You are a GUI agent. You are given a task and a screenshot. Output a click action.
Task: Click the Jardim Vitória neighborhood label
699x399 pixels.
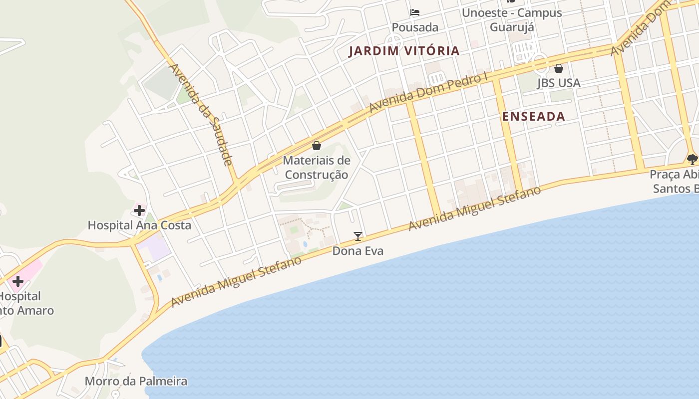click(404, 50)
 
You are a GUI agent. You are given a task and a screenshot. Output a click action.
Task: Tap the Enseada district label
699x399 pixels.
click(533, 116)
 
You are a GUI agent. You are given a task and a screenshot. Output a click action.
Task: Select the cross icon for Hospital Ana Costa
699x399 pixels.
click(139, 210)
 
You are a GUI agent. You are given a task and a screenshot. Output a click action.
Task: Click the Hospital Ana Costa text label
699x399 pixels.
click(139, 225)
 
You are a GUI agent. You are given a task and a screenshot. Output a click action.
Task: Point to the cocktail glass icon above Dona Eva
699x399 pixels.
click(357, 236)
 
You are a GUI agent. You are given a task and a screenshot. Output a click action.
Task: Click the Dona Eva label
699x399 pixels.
click(357, 250)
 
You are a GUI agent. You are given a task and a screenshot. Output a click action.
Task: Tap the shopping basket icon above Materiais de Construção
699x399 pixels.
click(316, 146)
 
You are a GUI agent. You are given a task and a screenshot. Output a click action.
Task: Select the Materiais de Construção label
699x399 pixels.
click(316, 168)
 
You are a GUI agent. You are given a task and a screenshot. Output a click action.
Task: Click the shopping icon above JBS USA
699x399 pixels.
click(559, 68)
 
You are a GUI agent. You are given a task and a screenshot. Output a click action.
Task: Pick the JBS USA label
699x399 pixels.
click(559, 83)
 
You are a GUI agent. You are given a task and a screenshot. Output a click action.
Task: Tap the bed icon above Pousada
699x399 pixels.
click(415, 12)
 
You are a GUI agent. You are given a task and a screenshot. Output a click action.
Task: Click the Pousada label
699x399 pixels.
click(415, 27)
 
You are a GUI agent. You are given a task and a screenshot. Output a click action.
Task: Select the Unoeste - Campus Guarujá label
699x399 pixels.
click(512, 19)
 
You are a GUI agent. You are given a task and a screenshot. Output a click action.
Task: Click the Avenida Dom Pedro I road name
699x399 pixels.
click(428, 93)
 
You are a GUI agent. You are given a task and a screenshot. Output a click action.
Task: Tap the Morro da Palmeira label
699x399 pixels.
click(136, 382)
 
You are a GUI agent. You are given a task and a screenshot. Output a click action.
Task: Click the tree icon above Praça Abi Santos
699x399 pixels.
click(692, 159)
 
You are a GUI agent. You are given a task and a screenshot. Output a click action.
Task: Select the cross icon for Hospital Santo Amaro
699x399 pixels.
click(18, 281)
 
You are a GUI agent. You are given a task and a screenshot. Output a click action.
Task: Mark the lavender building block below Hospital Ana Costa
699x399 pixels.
click(155, 247)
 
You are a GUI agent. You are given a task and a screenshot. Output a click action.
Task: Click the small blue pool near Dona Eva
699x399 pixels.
click(305, 244)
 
